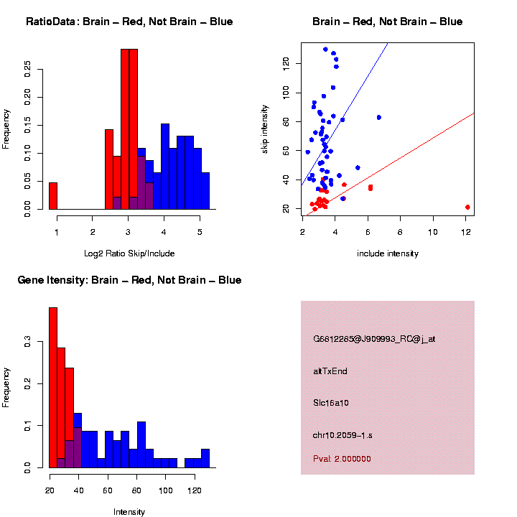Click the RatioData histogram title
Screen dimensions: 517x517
[129, 22]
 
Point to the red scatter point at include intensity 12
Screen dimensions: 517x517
[467, 207]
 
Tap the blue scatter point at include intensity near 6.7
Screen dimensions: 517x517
[378, 117]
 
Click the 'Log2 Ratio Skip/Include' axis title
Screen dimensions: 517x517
[129, 253]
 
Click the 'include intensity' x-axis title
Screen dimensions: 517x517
[388, 253]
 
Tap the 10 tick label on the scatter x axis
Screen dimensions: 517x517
[433, 231]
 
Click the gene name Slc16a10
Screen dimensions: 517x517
[332, 403]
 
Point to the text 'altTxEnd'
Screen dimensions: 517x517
[330, 371]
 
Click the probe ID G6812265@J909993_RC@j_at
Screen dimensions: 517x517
[374, 339]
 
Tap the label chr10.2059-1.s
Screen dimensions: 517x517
[343, 435]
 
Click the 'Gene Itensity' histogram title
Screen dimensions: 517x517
[129, 279]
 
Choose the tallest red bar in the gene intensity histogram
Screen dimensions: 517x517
[52, 388]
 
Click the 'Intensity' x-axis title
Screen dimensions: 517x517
[129, 512]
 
